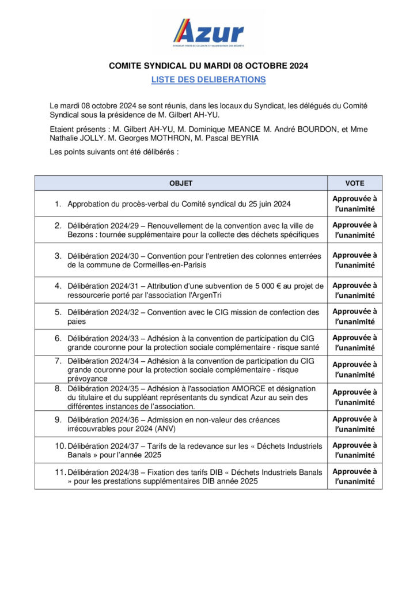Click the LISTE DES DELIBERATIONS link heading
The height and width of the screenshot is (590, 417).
[x=208, y=80]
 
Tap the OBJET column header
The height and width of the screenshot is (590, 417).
[x=181, y=183]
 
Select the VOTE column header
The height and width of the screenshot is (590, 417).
[x=355, y=183]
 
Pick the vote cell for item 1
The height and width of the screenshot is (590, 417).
[x=355, y=204]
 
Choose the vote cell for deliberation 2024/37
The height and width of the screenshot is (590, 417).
[x=355, y=450]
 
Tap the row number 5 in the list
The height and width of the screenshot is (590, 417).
[x=58, y=312]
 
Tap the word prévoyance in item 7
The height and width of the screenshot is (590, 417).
[x=88, y=379]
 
